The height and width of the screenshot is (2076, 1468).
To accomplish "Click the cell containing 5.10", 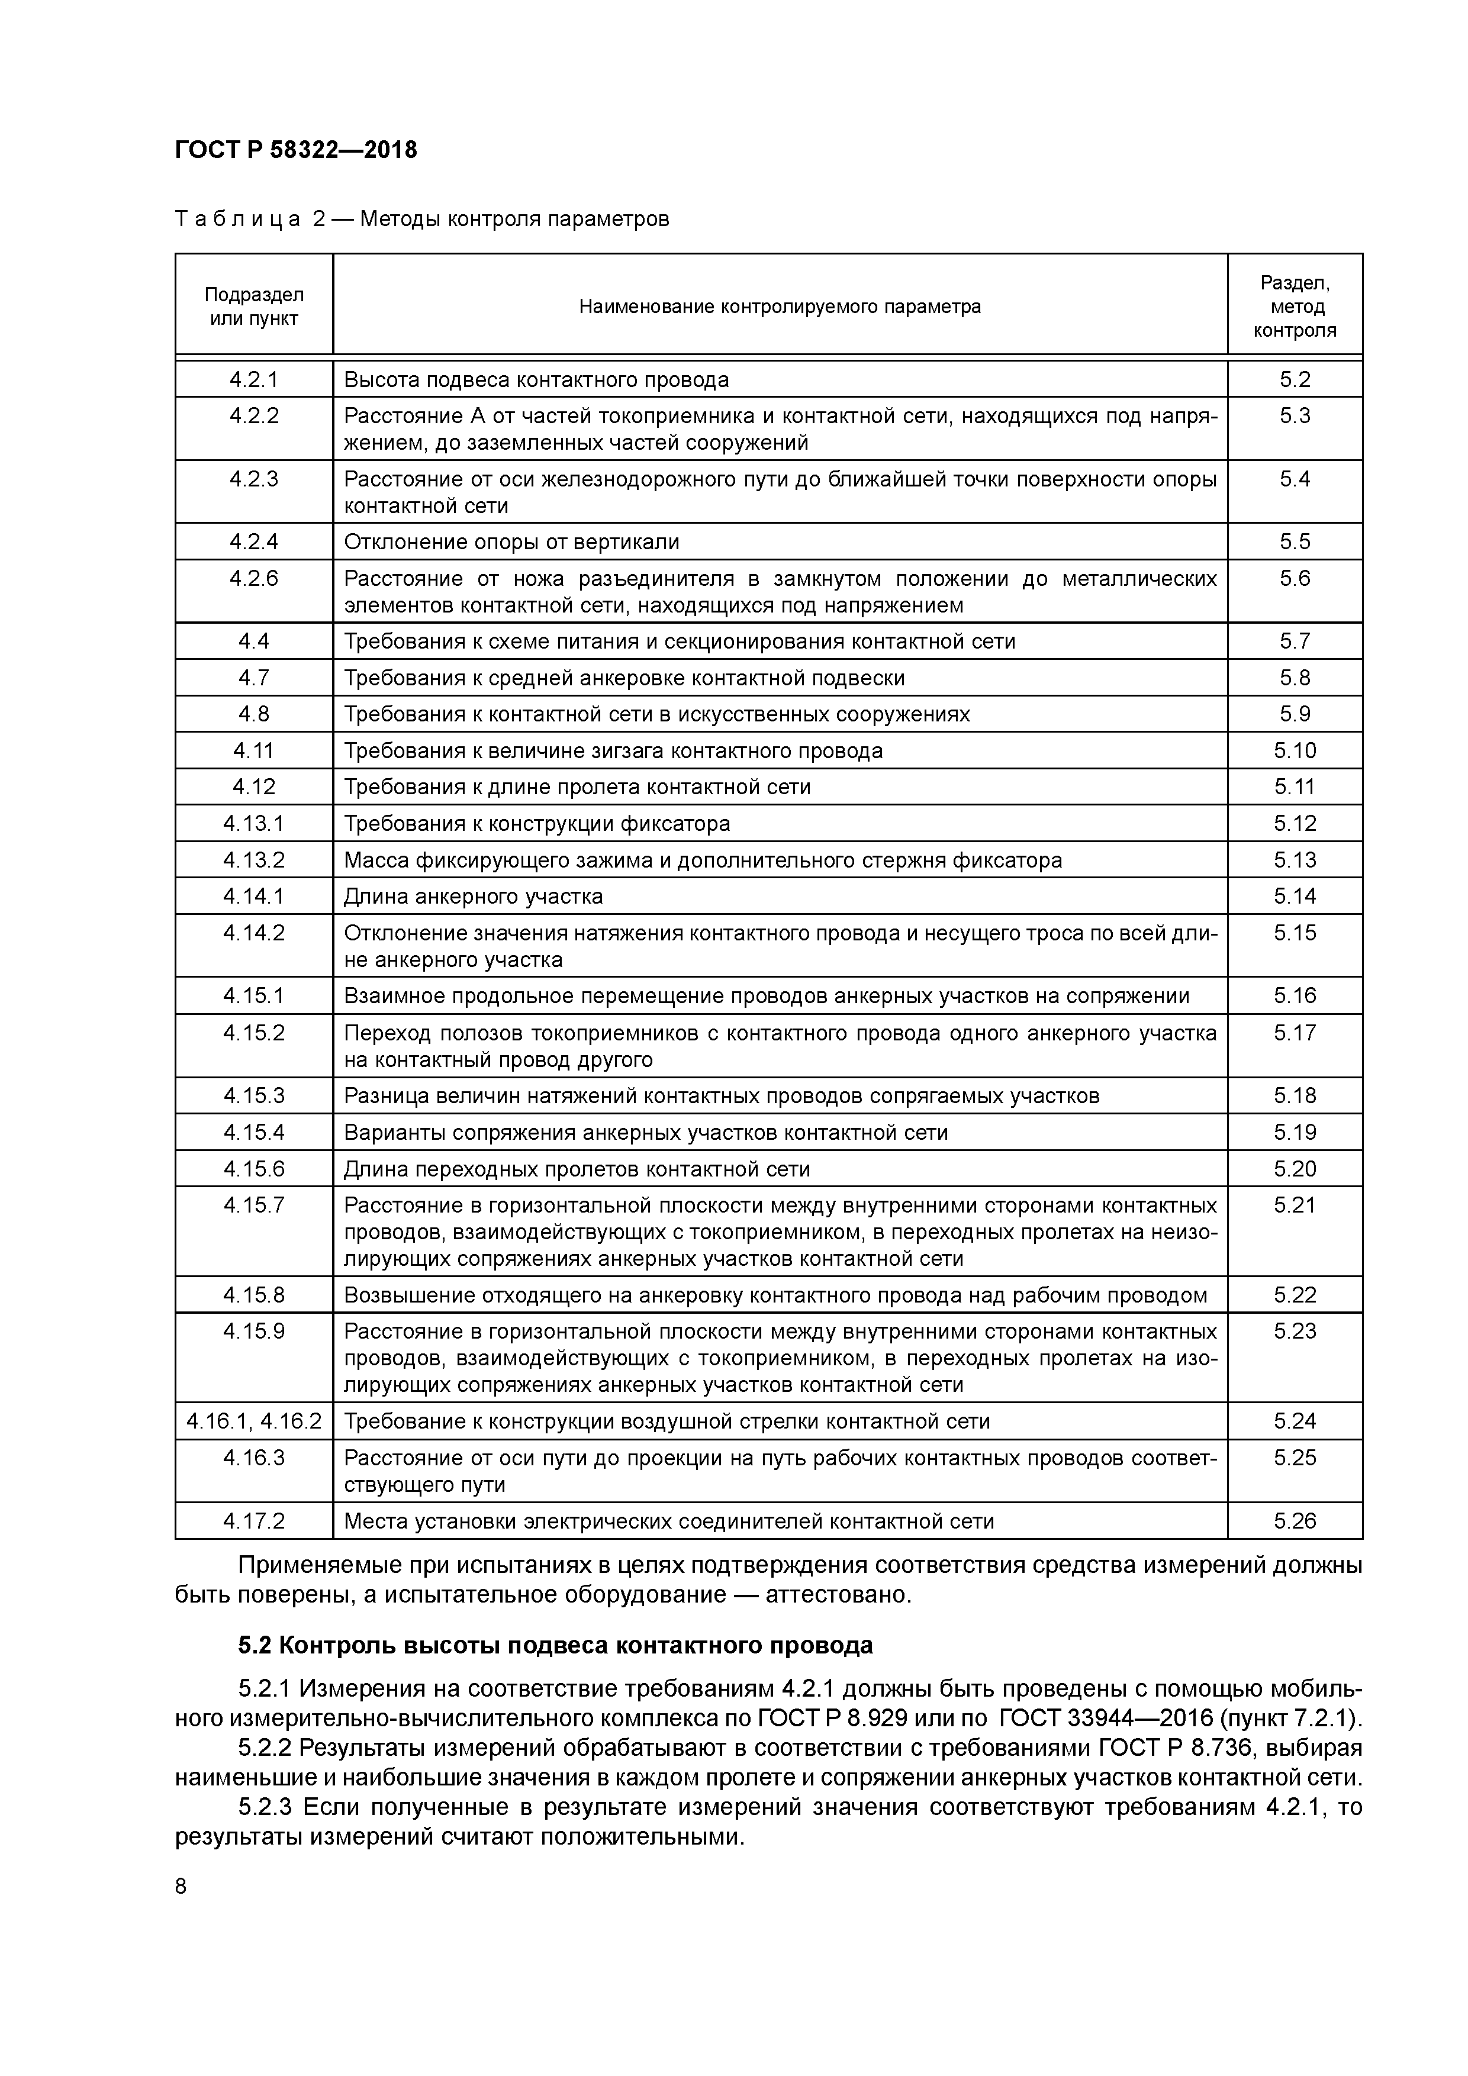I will coord(1295,750).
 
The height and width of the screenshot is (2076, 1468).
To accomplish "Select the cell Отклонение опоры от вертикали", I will coord(511,541).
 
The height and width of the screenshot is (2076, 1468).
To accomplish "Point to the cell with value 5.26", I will coord(1295,1521).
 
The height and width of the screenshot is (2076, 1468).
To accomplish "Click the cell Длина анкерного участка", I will coord(473,896).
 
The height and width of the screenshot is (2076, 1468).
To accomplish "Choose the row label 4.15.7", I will coord(254,1205).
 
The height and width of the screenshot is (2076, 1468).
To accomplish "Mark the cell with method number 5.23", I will coord(1295,1331).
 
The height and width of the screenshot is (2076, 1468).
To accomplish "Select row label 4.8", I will coord(254,714).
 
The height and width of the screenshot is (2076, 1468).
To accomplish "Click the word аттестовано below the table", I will coord(838,1594).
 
